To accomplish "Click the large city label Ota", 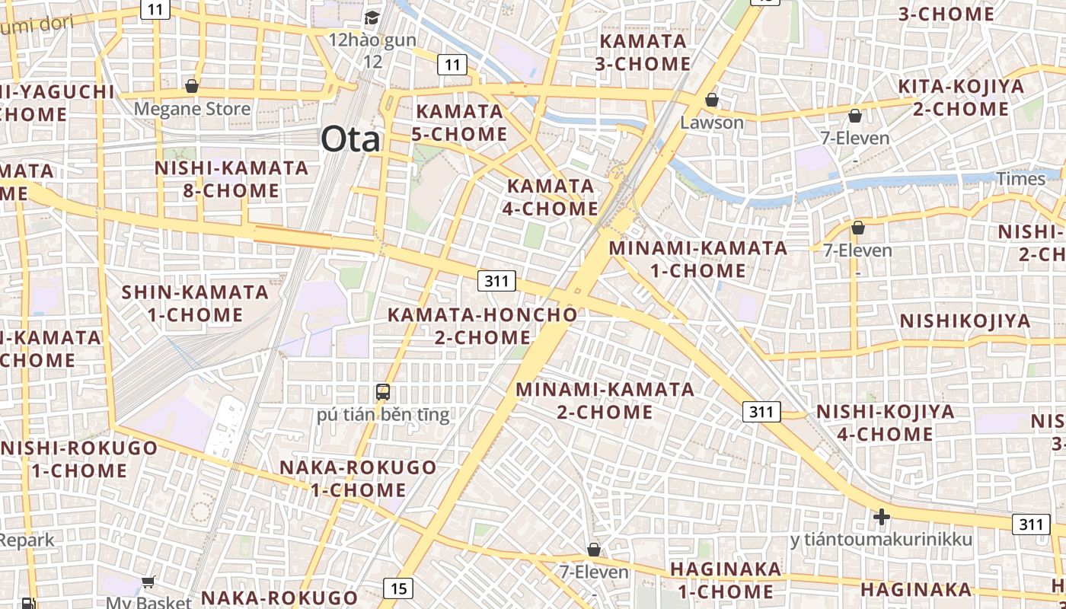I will pyautogui.click(x=350, y=139).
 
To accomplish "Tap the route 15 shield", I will pyautogui.click(x=398, y=588).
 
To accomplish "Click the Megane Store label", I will pyautogui.click(x=192, y=109).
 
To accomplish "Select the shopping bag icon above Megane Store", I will pyautogui.click(x=192, y=86).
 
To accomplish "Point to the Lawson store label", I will pyautogui.click(x=712, y=122).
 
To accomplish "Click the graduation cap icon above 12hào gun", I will pyautogui.click(x=372, y=18).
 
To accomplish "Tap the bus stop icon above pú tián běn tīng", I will pyautogui.click(x=383, y=392).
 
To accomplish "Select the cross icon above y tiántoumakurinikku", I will pyautogui.click(x=881, y=518).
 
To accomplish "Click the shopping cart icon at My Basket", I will pyautogui.click(x=148, y=582).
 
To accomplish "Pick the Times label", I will pyautogui.click(x=1021, y=179).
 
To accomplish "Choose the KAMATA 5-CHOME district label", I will pyautogui.click(x=460, y=123).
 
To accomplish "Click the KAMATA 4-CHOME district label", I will pyautogui.click(x=552, y=197).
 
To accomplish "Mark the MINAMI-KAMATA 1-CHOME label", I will pyautogui.click(x=698, y=259).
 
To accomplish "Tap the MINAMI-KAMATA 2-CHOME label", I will pyautogui.click(x=605, y=400).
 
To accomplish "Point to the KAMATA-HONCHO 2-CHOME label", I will pyautogui.click(x=483, y=326).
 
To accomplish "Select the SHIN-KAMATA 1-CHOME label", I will pyautogui.click(x=196, y=303).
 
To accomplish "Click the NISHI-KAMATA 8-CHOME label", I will pyautogui.click(x=231, y=179).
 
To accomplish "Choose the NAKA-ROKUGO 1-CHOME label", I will pyautogui.click(x=359, y=478).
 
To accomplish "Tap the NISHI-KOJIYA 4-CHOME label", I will pyautogui.click(x=886, y=422).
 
